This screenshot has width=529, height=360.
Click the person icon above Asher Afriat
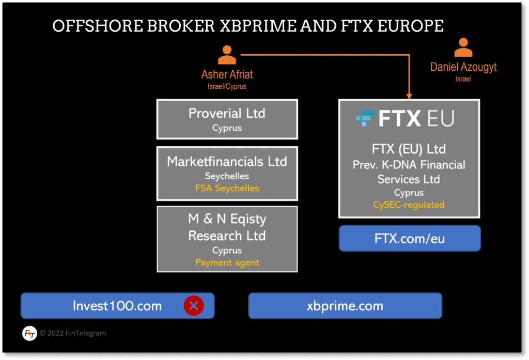pos(227,55)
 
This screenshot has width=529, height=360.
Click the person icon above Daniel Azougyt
pos(463,48)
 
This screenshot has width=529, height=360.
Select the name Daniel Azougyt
pos(463,67)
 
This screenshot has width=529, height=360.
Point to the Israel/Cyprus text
pos(227,86)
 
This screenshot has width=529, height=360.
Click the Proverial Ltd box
pos(227,119)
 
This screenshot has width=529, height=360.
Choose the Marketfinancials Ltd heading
pos(227,162)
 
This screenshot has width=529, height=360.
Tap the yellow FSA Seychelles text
pos(227,188)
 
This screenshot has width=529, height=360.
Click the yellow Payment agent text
pos(227,262)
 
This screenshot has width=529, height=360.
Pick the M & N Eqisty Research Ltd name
pos(227,227)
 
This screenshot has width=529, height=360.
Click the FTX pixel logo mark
pos(365,118)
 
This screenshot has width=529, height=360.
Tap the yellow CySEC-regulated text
pos(409,205)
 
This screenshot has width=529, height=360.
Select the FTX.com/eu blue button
pos(410,239)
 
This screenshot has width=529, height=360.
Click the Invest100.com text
pos(117,306)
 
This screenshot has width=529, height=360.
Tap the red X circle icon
pos(194,306)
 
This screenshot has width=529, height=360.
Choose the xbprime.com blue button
pos(345,306)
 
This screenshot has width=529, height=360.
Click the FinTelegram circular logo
pos(29,333)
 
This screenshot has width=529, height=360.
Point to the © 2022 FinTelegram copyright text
pos(72,333)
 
